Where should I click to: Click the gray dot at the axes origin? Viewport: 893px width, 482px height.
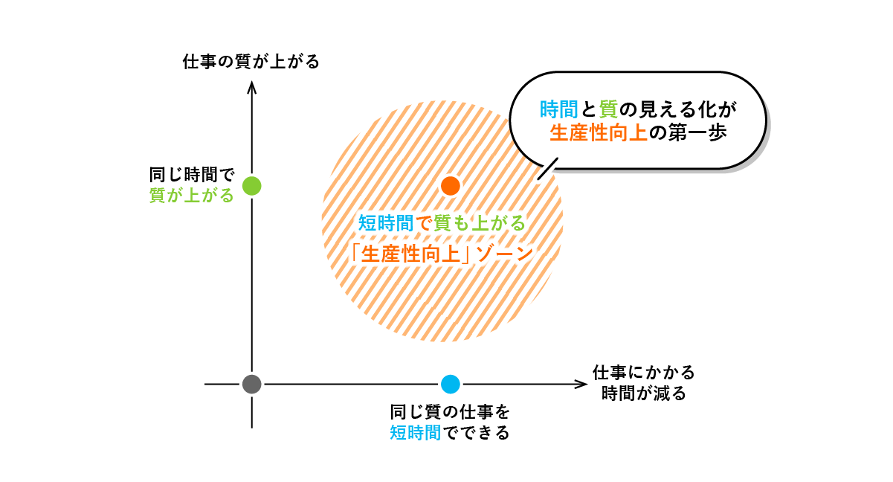click(252, 384)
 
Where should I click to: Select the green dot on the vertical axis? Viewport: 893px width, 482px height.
click(252, 185)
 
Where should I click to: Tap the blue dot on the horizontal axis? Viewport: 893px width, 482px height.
click(450, 384)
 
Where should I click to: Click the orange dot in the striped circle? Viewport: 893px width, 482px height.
click(450, 185)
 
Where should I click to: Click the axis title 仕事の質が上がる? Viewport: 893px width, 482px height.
click(251, 62)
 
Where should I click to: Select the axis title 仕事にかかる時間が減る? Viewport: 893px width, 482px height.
click(643, 382)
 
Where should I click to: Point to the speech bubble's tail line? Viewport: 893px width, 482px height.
click(547, 169)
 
